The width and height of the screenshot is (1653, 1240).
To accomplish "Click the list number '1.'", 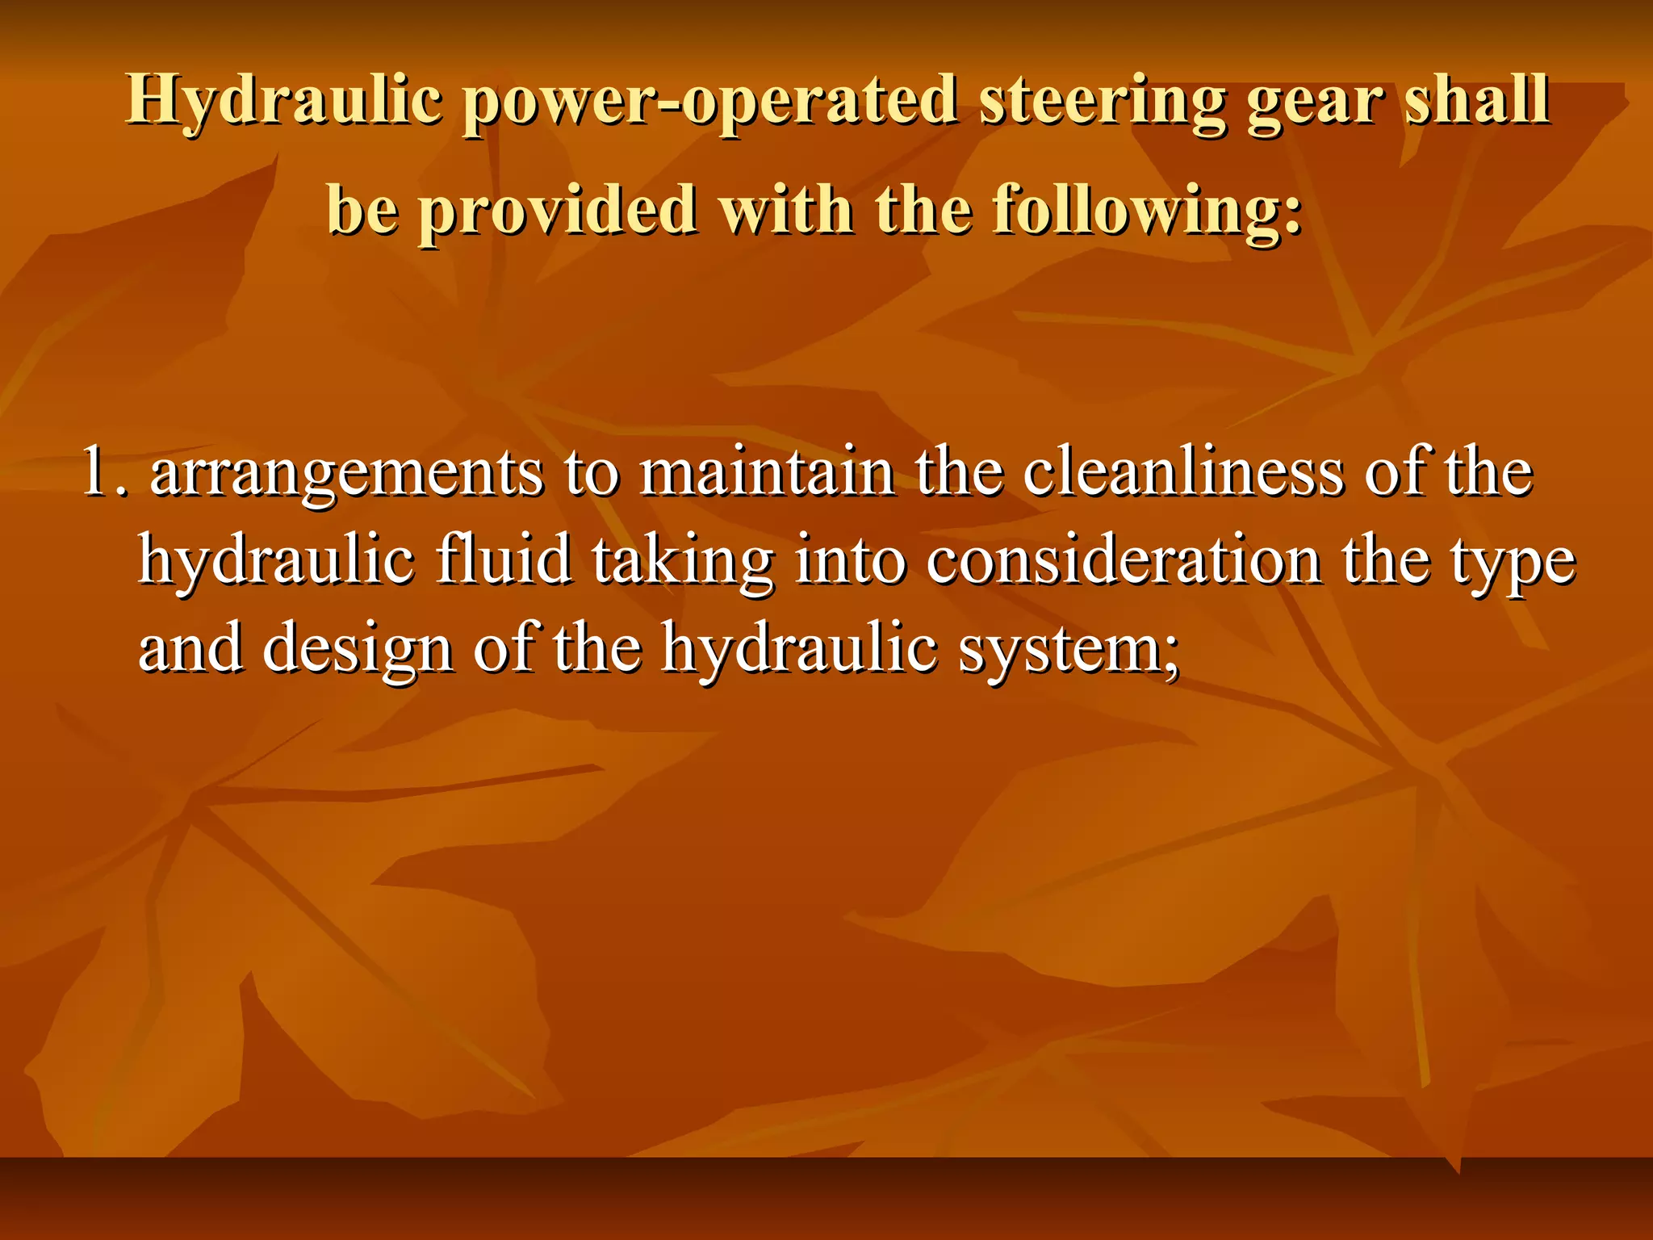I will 106,473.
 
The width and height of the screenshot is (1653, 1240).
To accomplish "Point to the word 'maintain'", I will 767,473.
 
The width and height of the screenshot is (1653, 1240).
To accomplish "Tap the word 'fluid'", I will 504,560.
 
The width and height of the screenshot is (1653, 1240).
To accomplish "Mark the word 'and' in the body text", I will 190,649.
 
